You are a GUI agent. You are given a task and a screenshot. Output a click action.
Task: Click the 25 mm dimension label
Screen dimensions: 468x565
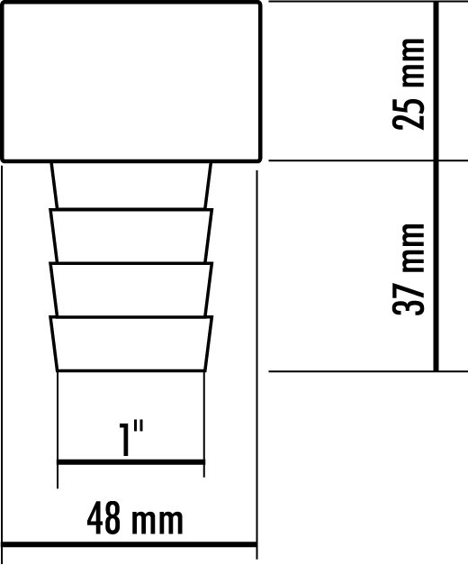coord(408,84)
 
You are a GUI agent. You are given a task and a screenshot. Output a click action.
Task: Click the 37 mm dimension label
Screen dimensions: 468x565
coord(408,269)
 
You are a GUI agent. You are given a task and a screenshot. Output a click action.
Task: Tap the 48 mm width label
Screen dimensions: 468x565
coord(135,519)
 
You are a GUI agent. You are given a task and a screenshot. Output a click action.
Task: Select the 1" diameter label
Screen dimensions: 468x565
coord(131,439)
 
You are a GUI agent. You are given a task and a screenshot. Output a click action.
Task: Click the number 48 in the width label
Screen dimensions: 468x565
coord(103,519)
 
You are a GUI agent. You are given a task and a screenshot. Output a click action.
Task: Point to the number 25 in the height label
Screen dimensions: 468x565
coord(408,114)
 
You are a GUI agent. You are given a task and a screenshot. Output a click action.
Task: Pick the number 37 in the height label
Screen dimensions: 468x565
coord(408,299)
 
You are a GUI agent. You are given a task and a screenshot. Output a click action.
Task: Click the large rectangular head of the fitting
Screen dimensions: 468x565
coord(131,81)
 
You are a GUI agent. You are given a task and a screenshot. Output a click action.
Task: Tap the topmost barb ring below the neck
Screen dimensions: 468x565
coord(131,235)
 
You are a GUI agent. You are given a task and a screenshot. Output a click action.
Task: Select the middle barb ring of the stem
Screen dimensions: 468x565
coord(131,289)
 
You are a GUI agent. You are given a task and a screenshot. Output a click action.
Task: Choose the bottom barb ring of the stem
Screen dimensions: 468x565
coord(131,343)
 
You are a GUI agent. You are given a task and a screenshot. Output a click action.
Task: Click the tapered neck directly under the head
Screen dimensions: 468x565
coord(131,186)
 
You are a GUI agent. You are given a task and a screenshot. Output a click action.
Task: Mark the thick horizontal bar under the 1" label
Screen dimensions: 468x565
coord(131,462)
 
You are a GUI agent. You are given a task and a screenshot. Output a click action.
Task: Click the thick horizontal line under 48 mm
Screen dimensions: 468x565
coord(130,544)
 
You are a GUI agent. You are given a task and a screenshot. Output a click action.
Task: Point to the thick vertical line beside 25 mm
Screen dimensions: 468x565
coord(436,81)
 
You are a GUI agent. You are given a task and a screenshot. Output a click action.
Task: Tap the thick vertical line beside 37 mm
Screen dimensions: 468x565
coord(436,266)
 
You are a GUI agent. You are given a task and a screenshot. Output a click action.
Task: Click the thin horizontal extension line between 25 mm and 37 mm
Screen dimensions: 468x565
coord(368,160)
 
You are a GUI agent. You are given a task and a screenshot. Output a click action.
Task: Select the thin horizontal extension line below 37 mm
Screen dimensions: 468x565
coord(368,371)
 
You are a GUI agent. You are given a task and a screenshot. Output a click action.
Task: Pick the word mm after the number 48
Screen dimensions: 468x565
coord(157,523)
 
